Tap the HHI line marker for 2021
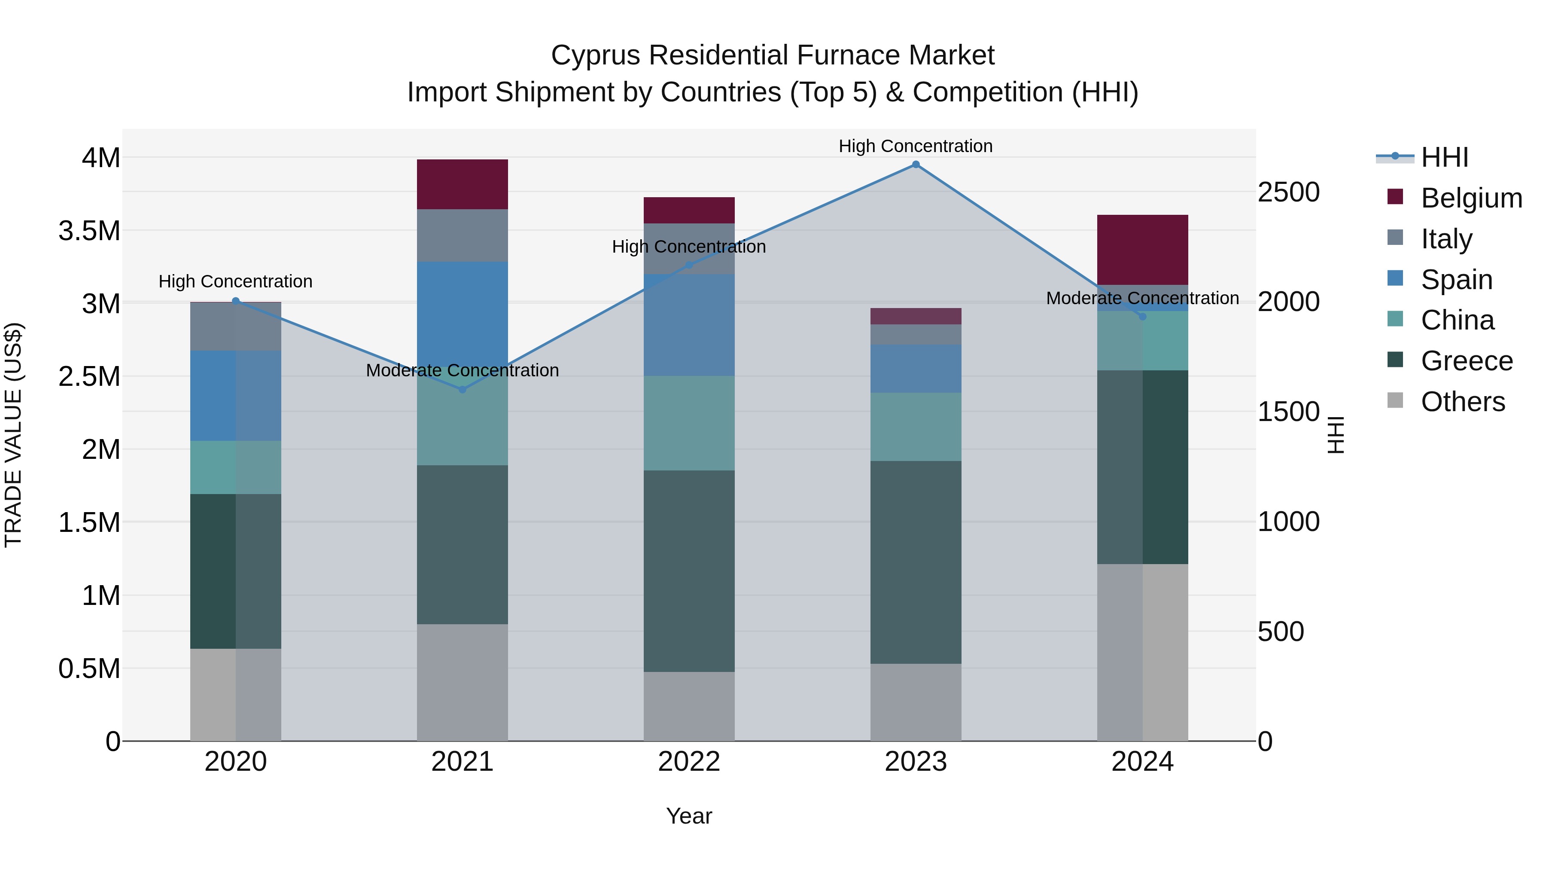point(462,390)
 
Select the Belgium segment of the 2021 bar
point(462,184)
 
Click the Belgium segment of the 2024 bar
point(1142,250)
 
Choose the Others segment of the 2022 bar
point(689,706)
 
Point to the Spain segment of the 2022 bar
point(689,325)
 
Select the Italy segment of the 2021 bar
point(462,235)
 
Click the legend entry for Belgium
point(1471,198)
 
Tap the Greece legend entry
point(1466,361)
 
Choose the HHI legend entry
point(1444,157)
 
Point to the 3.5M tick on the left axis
point(89,231)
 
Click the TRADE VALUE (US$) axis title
point(14,435)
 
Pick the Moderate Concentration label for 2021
point(462,370)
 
